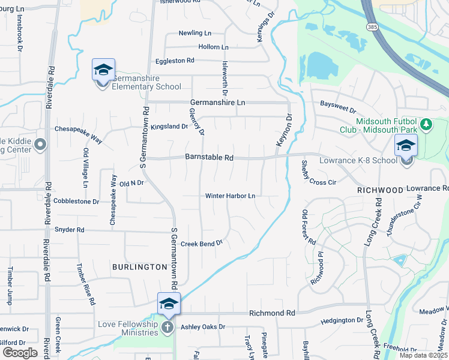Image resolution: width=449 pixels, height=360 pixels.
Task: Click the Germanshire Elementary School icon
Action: tap(103, 71)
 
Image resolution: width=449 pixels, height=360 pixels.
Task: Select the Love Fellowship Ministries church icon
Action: tap(167, 328)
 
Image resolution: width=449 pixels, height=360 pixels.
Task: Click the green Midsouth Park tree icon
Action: tap(426, 125)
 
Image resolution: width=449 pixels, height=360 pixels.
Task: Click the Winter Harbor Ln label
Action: tap(231, 196)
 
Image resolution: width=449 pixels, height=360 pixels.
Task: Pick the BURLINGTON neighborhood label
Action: tap(139, 266)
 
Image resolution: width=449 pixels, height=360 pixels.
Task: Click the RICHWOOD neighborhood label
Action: tap(380, 190)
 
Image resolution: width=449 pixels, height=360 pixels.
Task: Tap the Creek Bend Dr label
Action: tap(202, 244)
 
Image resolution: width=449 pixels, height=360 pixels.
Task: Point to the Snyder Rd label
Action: tap(70, 230)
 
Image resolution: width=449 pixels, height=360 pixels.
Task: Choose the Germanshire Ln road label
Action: tap(218, 103)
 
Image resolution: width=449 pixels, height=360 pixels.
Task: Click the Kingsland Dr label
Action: tap(169, 127)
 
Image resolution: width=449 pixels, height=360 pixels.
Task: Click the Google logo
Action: tap(20, 352)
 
